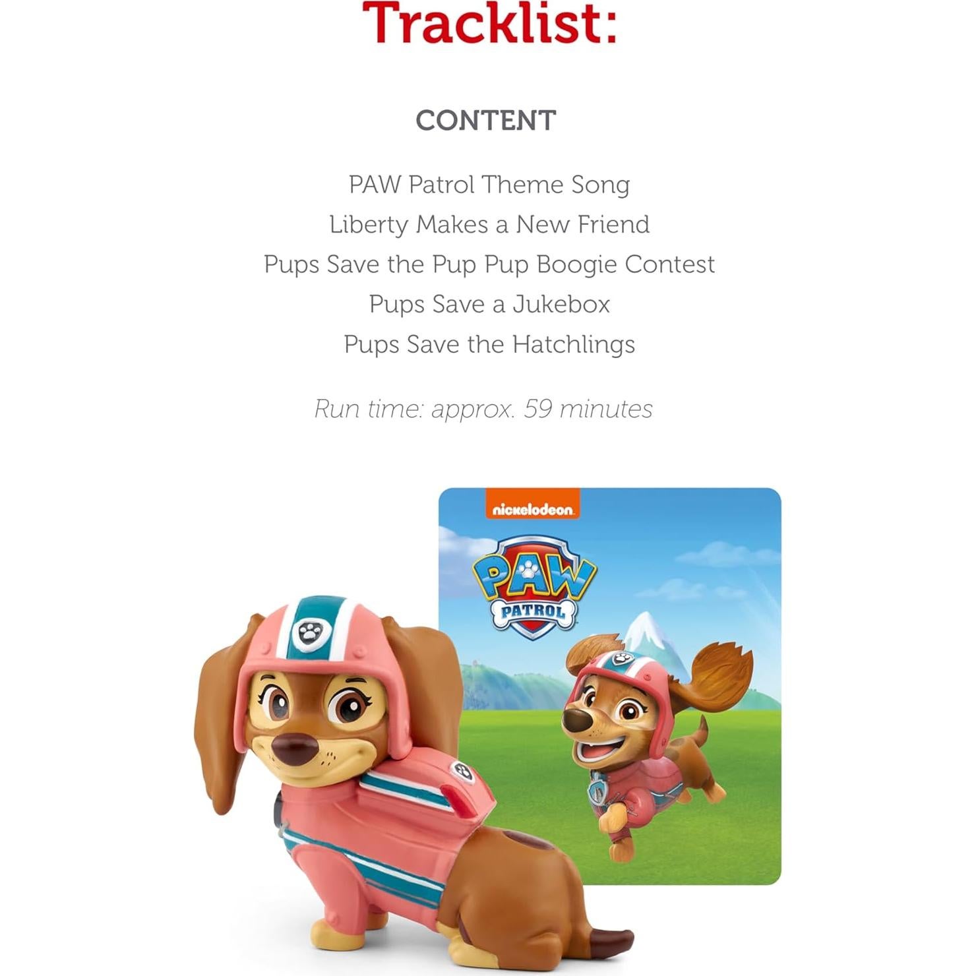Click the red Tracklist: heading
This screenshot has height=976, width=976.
(489, 22)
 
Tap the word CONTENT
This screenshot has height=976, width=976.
(486, 121)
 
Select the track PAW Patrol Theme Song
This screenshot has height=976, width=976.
(489, 185)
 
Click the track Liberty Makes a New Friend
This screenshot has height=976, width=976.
(489, 225)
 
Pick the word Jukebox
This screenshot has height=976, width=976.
(561, 305)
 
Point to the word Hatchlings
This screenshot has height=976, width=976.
(573, 344)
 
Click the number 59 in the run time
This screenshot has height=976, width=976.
(537, 409)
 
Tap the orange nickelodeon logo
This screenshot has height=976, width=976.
(532, 509)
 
